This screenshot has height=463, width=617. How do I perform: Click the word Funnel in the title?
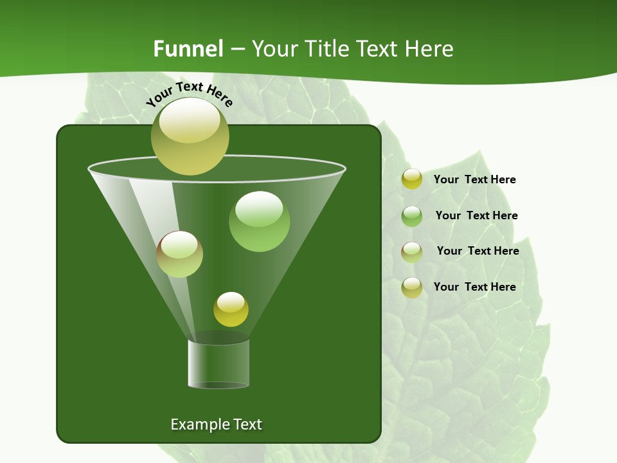(x=188, y=49)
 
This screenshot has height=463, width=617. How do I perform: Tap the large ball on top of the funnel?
(x=190, y=136)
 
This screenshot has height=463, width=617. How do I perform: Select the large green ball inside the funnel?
(x=259, y=222)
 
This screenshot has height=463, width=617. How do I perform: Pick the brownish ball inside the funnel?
(x=179, y=255)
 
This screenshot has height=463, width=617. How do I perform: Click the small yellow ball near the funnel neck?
(x=231, y=309)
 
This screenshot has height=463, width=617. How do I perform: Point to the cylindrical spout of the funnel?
(x=219, y=363)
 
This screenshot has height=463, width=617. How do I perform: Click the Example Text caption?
(x=216, y=424)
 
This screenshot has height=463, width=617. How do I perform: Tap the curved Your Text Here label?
(x=189, y=94)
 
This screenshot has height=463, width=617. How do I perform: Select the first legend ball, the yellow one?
(x=411, y=179)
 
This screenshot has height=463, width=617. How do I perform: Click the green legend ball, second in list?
(x=411, y=216)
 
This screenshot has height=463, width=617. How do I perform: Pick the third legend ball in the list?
(x=411, y=251)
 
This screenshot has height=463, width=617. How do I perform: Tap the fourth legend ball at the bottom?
(x=411, y=287)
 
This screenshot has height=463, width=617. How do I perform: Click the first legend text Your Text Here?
(x=474, y=180)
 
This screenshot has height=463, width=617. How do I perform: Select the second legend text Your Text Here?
(x=476, y=215)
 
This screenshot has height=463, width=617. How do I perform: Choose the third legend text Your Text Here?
(x=478, y=251)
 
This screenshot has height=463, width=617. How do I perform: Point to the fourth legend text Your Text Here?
(x=474, y=287)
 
